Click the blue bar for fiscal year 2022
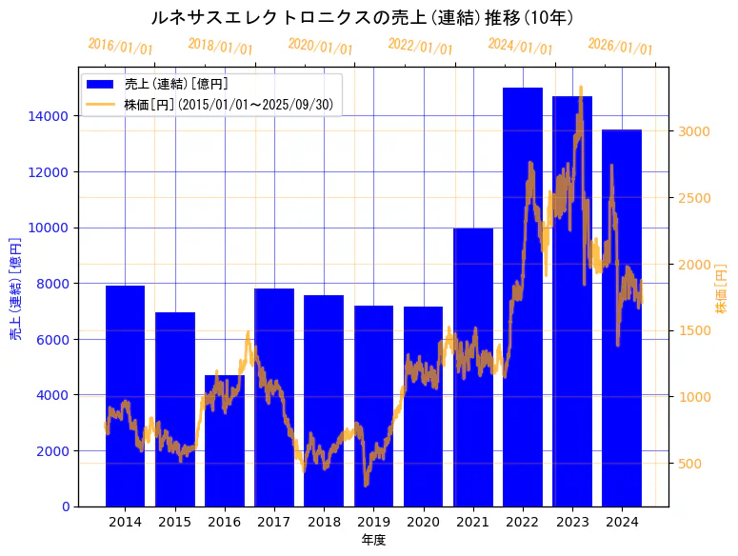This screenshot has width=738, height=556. click(523, 296)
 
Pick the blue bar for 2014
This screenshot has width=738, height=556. click(125, 395)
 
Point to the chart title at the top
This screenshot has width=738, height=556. click(362, 18)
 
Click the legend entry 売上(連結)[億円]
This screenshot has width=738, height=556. click(176, 84)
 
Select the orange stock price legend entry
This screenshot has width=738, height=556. click(229, 105)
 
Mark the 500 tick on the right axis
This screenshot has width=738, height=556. click(688, 464)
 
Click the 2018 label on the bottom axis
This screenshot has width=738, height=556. click(324, 522)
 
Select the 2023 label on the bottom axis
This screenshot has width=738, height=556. click(572, 522)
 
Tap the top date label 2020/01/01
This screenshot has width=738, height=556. click(320, 47)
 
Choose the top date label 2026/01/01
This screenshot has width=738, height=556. click(620, 47)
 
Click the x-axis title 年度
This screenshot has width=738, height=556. click(373, 541)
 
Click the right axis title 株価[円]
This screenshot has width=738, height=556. click(721, 290)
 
